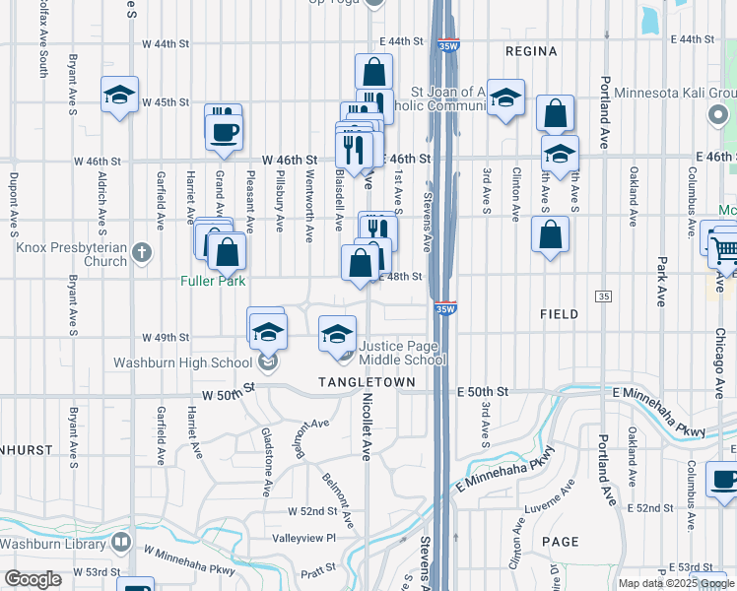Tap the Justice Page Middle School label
[x=402, y=353]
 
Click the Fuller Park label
[x=212, y=280]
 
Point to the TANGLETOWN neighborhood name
[x=358, y=381]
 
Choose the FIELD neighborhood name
[x=559, y=313]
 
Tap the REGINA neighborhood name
[x=531, y=50]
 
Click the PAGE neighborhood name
[x=560, y=542]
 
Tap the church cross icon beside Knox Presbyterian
[x=142, y=252]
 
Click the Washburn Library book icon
[x=120, y=542]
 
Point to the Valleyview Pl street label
[x=304, y=538]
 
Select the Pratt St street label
[x=318, y=570]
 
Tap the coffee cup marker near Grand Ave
[x=225, y=131]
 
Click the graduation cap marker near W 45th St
[x=119, y=96]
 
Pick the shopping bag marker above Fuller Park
[x=228, y=252]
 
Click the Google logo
[x=33, y=578]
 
